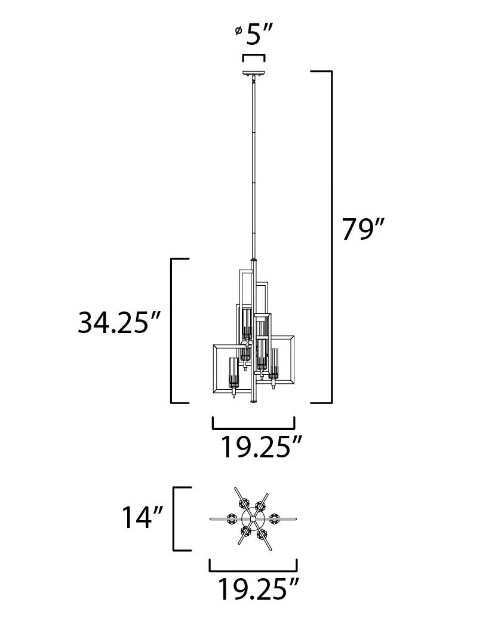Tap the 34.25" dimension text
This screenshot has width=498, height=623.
tap(120, 323)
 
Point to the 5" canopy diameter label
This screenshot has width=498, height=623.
tap(259, 36)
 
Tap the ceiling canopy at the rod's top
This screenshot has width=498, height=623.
tap(253, 75)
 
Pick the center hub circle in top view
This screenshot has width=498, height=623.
tap(253, 518)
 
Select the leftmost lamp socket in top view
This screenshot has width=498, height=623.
tap(232, 519)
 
